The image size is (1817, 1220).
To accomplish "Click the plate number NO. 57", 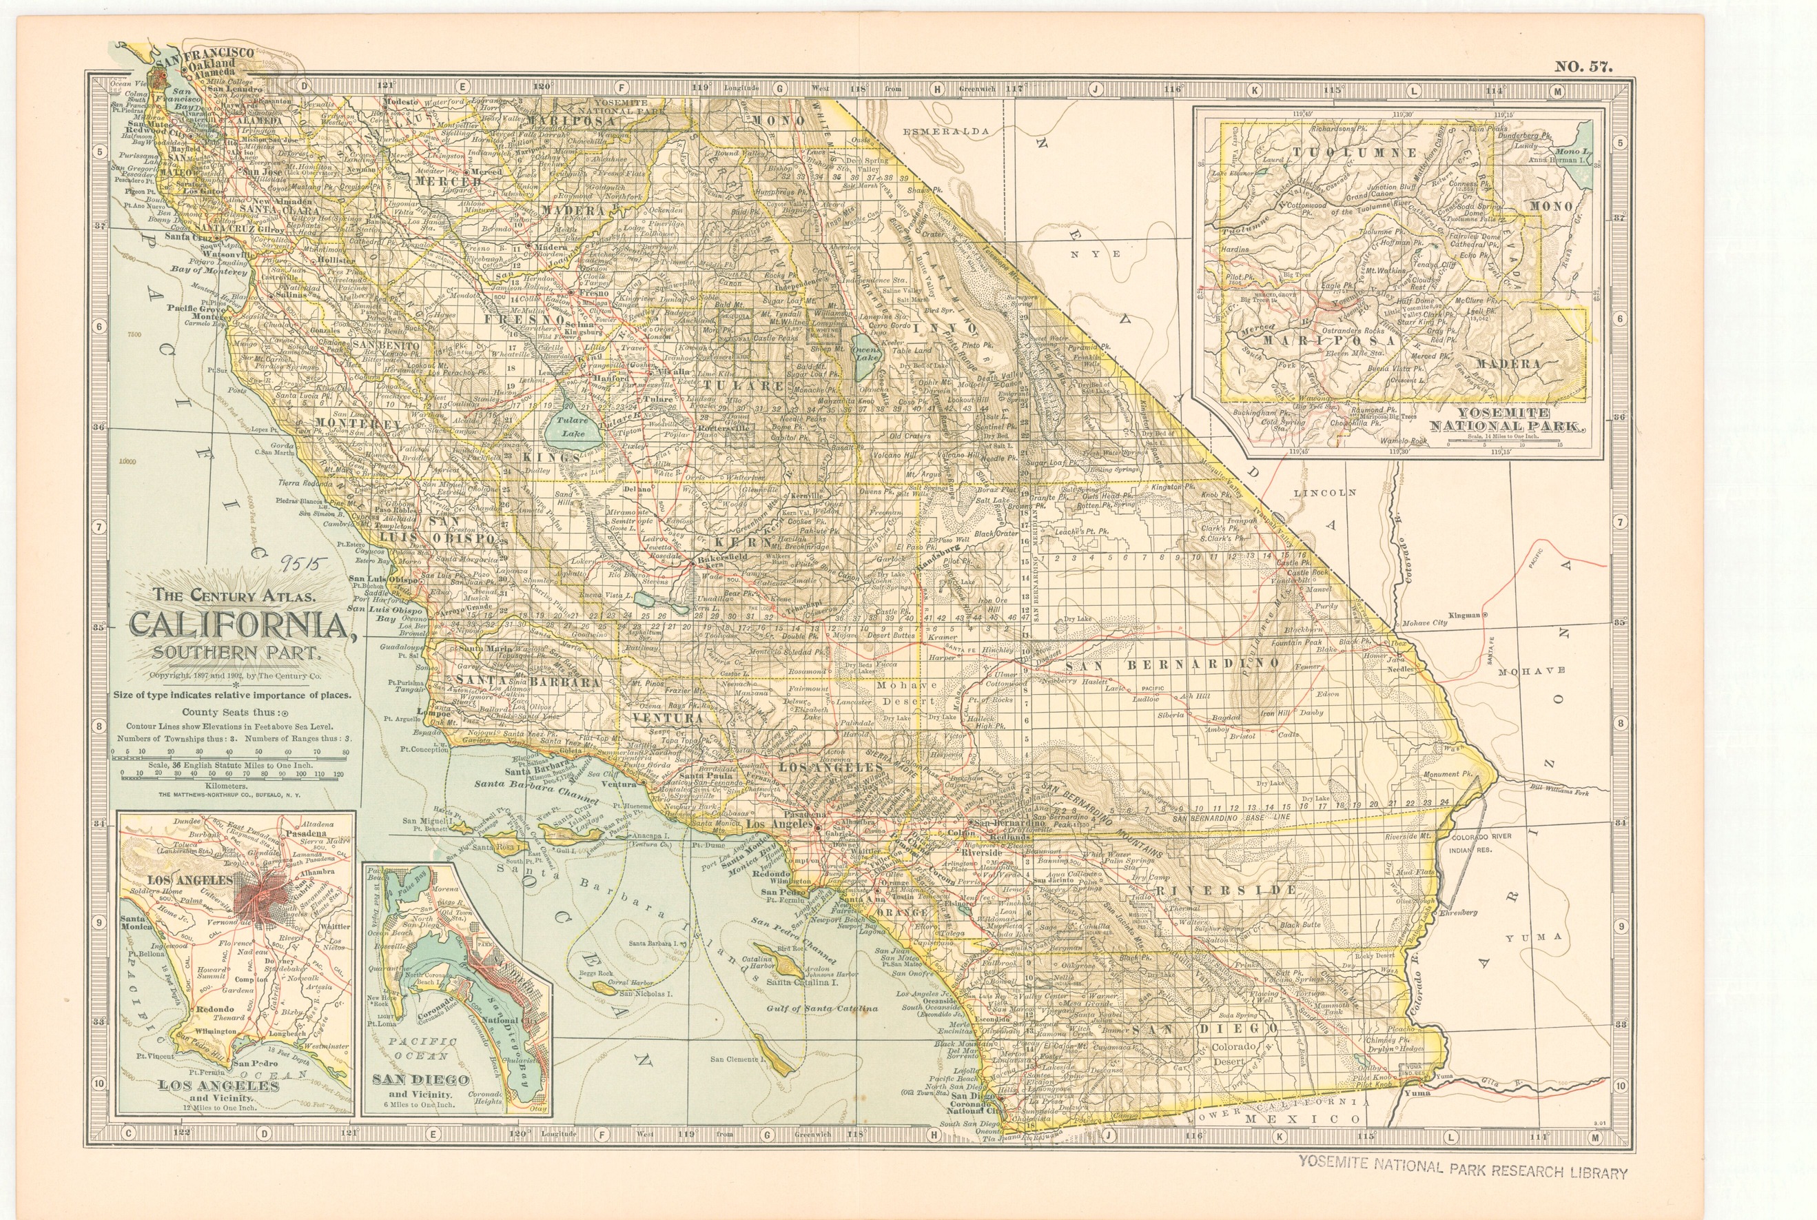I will coord(1583,66).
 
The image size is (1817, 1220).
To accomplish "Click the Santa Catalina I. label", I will coord(801,983).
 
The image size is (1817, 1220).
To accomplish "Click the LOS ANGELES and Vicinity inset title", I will coord(218,1087).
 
